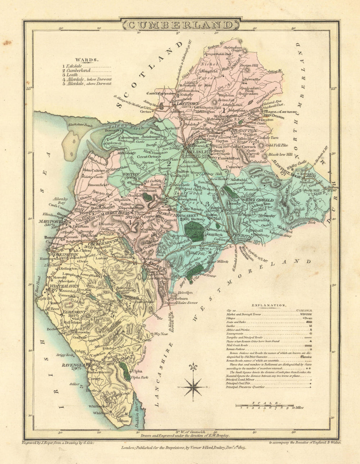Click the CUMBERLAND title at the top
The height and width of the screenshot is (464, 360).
pyautogui.click(x=180, y=25)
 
